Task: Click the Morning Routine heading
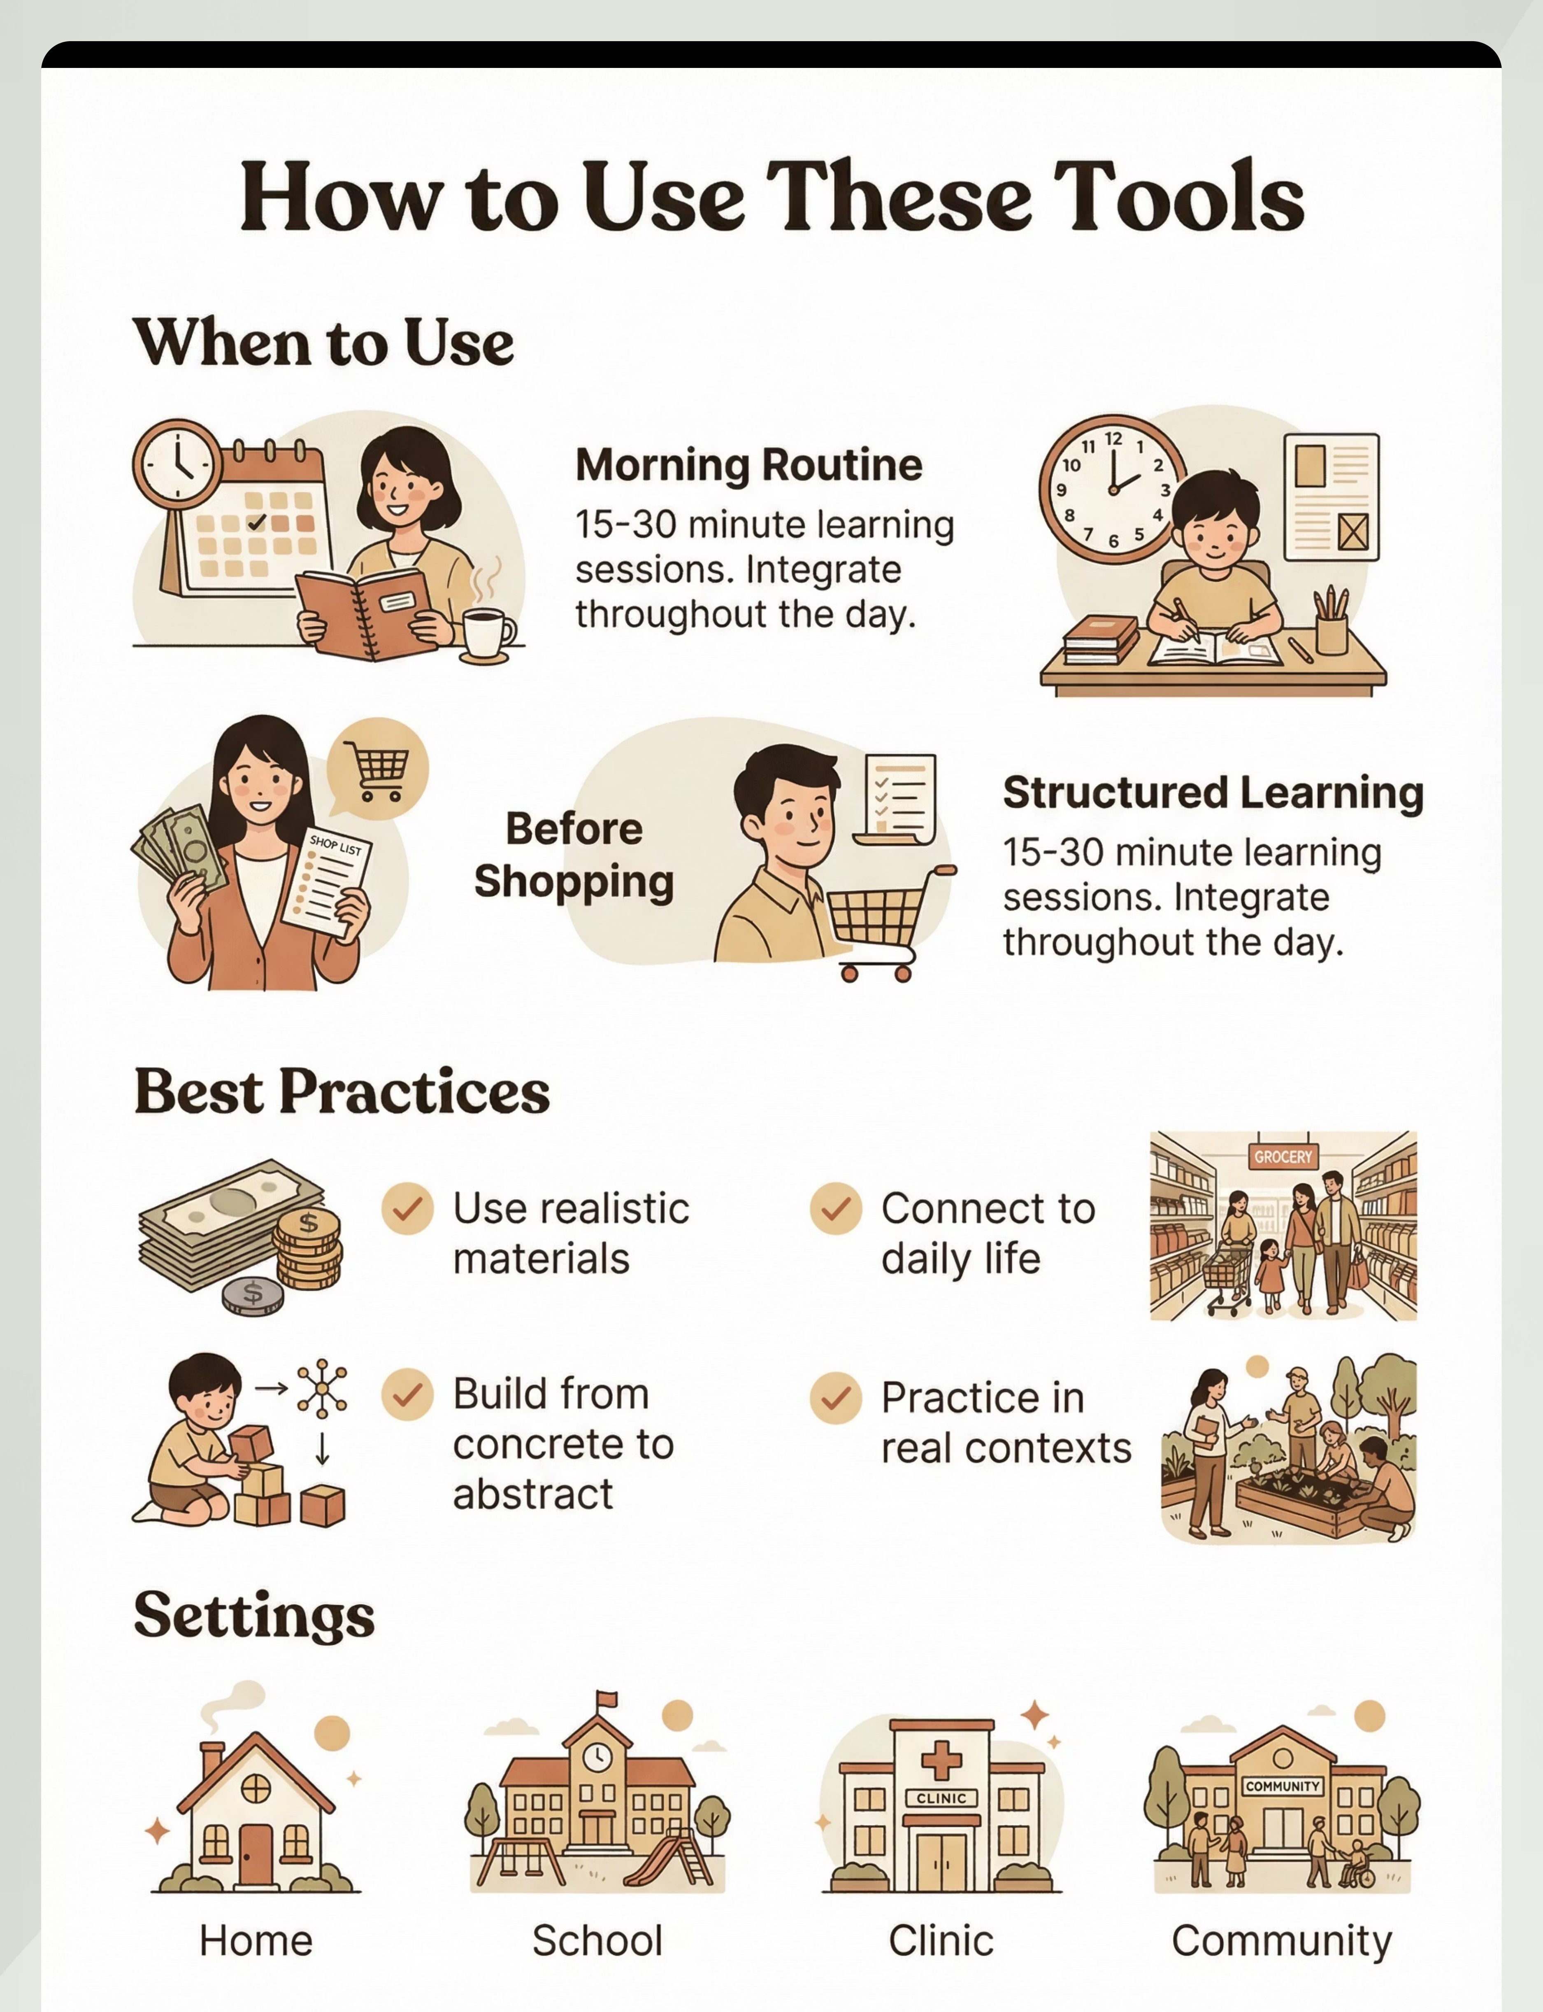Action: pyautogui.click(x=748, y=465)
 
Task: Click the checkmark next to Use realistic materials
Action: pyautogui.click(x=407, y=1208)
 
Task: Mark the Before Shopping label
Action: pyautogui.click(x=574, y=856)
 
